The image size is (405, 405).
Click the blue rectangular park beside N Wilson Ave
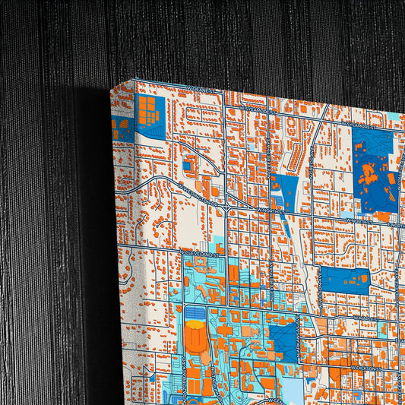343,279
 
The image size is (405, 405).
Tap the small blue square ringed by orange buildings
187,166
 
